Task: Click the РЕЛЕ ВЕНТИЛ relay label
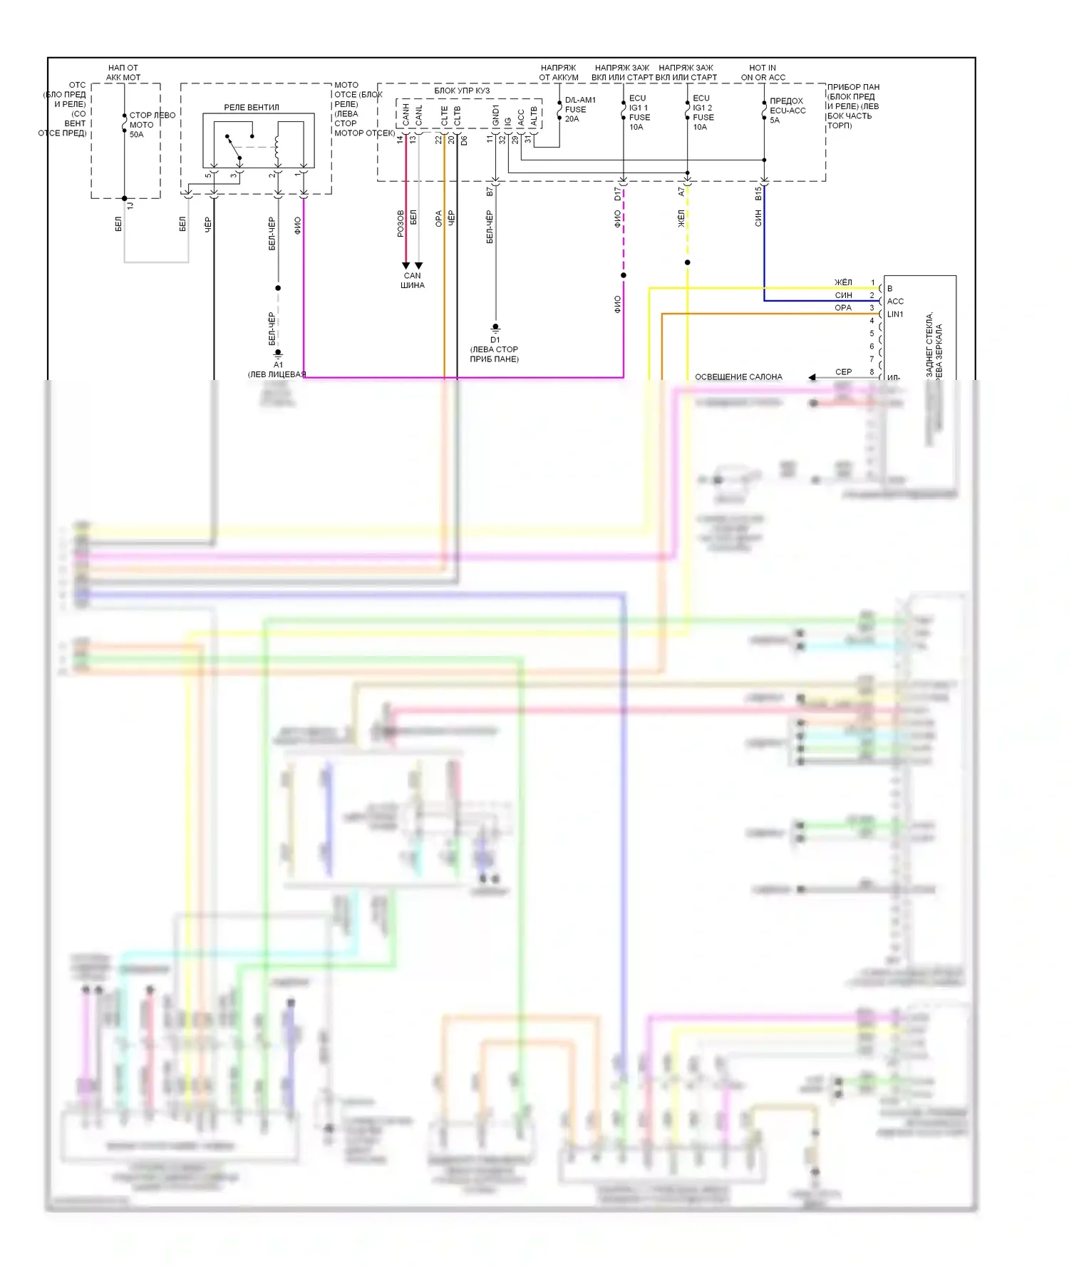[x=252, y=108]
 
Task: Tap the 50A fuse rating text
[x=136, y=135]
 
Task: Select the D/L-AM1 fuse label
[x=580, y=101]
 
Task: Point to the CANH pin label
[x=406, y=114]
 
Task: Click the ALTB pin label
[x=534, y=116]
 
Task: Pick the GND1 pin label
[x=495, y=115]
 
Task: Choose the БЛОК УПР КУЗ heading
[x=462, y=91]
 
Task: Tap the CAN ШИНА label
[x=413, y=280]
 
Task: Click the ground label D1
[x=495, y=340]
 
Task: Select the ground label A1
[x=278, y=364]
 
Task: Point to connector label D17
[x=618, y=193]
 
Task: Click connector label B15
[x=759, y=193]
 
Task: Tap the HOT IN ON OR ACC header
[x=763, y=73]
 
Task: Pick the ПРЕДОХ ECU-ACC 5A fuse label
[x=787, y=111]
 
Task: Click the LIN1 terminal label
[x=895, y=314]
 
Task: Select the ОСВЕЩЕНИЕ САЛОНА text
[x=738, y=377]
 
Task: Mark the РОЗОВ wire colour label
[x=401, y=223]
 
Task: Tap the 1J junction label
[x=130, y=205]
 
